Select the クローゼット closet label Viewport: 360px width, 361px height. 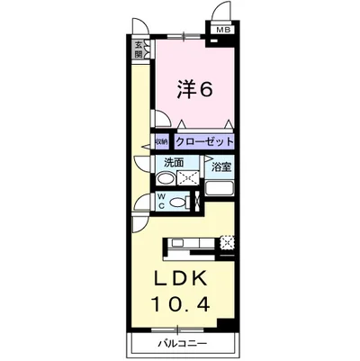[x=204, y=142]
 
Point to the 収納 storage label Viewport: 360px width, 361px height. [x=159, y=142]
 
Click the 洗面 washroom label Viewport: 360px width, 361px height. [x=174, y=163]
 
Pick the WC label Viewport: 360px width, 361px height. [x=162, y=202]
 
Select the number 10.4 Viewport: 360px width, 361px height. [x=187, y=303]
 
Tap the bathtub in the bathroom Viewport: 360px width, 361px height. [x=220, y=190]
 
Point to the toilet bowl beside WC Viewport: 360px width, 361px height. [x=178, y=203]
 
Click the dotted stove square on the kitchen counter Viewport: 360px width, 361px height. [x=227, y=240]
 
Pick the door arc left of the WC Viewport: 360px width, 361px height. [x=141, y=203]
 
